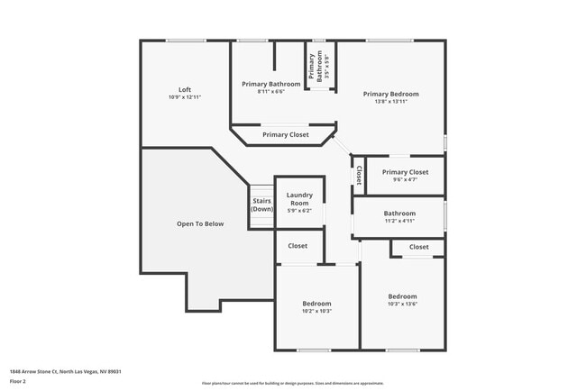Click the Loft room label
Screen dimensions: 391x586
click(x=185, y=89)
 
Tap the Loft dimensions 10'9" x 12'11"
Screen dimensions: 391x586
click(x=185, y=97)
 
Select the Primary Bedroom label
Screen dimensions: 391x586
click(x=390, y=94)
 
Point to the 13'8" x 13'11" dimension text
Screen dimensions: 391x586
click(x=390, y=102)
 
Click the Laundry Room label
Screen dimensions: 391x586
click(x=299, y=198)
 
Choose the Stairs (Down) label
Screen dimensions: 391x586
click(x=261, y=205)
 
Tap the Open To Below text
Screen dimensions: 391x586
click(x=200, y=223)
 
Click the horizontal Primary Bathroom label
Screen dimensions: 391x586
click(x=271, y=84)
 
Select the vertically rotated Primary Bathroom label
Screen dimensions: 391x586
click(x=313, y=68)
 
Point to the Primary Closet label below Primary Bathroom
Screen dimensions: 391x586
click(x=285, y=134)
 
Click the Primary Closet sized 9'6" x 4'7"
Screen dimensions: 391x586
click(x=405, y=172)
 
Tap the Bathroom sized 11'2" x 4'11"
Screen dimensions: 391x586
click(x=399, y=214)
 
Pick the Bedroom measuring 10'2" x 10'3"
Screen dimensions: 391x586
click(x=316, y=304)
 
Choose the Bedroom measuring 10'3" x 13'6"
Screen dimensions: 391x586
click(x=402, y=296)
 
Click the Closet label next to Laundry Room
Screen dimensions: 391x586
click(x=298, y=245)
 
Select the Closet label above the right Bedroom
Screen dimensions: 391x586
click(x=418, y=246)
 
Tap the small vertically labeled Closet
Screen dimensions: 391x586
click(x=359, y=175)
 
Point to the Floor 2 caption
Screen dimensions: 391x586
click(x=18, y=381)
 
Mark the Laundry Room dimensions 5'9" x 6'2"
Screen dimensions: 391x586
click(x=299, y=210)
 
